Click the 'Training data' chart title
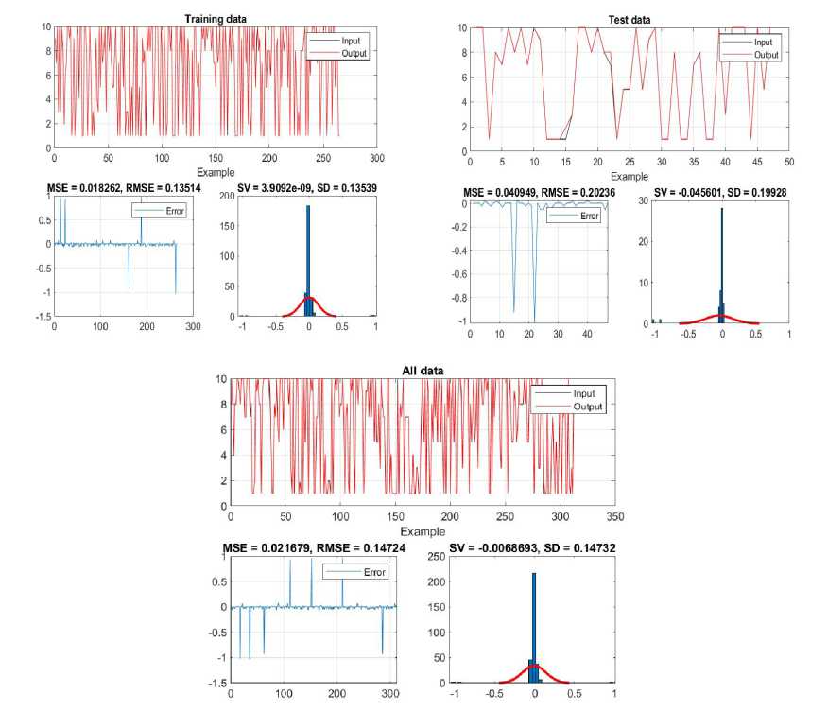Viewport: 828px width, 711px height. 215,18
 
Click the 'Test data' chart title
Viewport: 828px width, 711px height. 629,19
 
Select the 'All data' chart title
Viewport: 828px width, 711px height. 422,371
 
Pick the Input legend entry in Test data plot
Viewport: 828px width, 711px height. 762,43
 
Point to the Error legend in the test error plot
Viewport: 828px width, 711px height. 588,217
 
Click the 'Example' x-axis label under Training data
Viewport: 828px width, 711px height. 215,173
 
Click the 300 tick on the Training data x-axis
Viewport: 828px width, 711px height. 376,159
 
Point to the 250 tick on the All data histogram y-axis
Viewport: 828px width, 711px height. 437,558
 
